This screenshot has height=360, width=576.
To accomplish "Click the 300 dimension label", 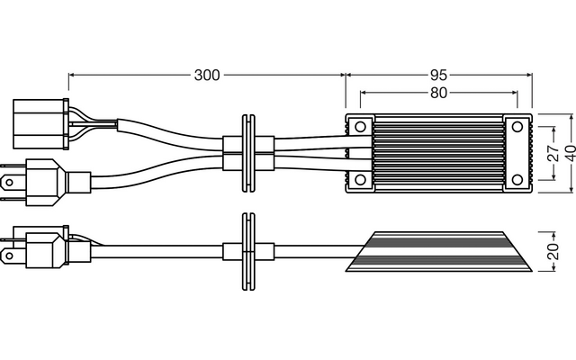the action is coord(207,76).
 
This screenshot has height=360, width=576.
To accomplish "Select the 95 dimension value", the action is coord(438,76).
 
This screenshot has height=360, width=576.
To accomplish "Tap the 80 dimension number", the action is coord(438,93).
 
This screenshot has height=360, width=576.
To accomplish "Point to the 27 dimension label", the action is coord(553,153).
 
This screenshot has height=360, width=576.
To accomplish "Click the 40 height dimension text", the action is coord(570,154).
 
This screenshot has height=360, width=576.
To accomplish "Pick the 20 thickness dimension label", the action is coord(553,252).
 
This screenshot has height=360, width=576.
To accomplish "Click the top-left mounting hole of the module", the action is coord(360,127).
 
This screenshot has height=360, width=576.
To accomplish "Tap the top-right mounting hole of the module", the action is coord(517,127).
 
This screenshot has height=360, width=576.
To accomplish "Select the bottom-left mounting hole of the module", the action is coord(360,180).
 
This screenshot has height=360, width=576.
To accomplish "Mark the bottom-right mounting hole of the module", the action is coord(517,180).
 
